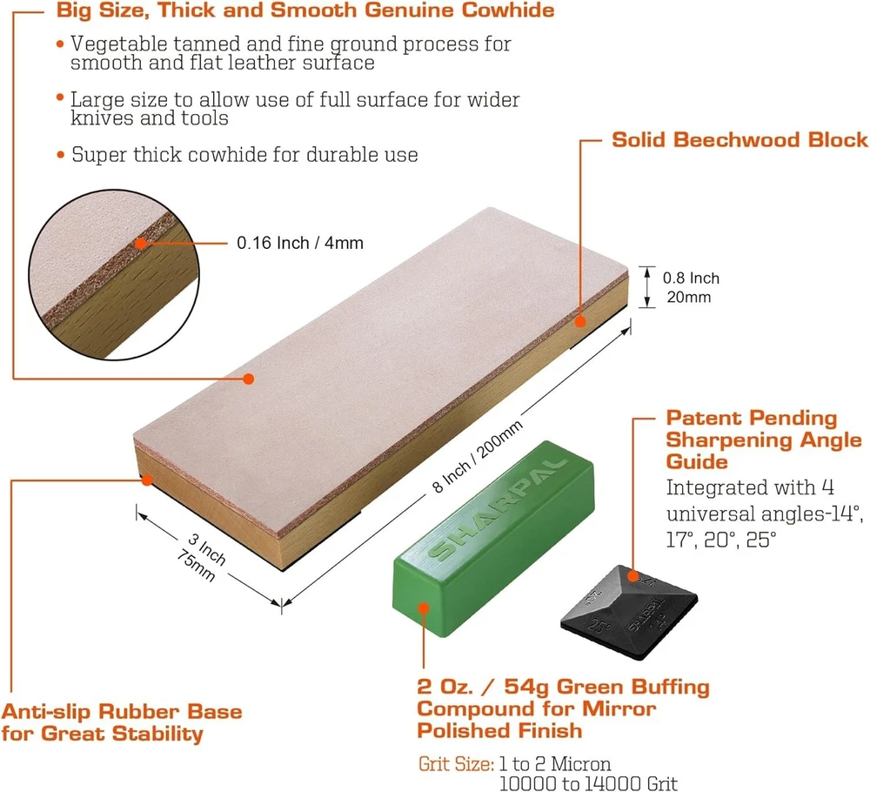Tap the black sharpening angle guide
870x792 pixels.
point(629,613)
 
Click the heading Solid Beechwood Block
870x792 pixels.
point(739,139)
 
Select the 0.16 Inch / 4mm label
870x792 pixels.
point(299,243)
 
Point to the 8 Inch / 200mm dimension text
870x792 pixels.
point(477,457)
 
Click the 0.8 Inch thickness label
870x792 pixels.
point(691,278)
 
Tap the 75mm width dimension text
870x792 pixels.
point(195,565)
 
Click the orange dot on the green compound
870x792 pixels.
point(424,608)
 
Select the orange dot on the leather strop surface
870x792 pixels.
point(249,379)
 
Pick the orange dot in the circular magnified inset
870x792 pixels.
point(141,243)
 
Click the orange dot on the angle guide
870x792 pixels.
point(633,576)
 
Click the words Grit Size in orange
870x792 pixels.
point(456,764)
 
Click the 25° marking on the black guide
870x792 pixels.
point(599,626)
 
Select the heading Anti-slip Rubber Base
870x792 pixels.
point(122,712)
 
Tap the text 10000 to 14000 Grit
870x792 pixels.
point(588,783)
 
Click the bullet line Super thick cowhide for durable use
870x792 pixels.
point(244,154)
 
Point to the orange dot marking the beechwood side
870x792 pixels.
point(580,321)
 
